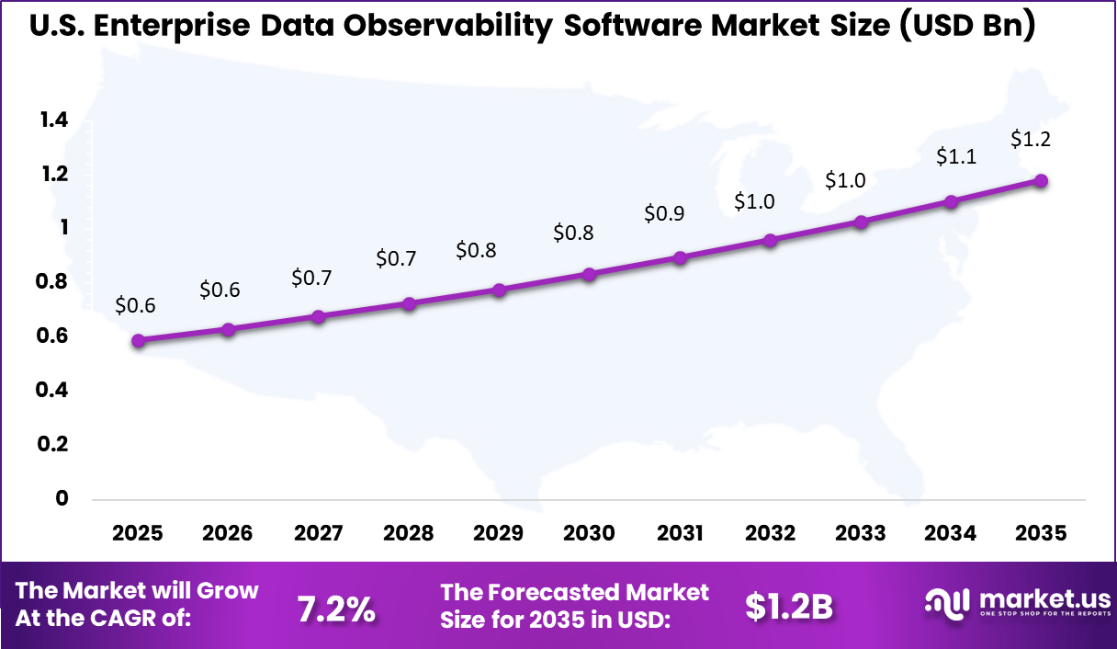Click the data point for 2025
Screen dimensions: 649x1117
point(138,341)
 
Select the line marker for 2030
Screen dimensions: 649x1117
point(590,274)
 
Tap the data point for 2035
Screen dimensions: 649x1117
point(1041,181)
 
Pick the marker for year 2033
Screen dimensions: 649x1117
point(861,222)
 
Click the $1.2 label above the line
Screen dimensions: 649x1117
point(1030,140)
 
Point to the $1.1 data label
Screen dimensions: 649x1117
point(954,157)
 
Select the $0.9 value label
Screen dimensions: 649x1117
point(664,214)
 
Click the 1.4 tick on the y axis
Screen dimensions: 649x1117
point(53,120)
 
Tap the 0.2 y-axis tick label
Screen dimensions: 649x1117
point(53,444)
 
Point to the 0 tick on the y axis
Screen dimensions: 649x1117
point(62,498)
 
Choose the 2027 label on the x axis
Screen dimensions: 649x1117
point(318,534)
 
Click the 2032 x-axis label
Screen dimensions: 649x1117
point(770,534)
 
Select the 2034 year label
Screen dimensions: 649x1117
point(951,534)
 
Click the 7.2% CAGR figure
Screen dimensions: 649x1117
point(336,608)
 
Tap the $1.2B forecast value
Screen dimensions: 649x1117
point(788,607)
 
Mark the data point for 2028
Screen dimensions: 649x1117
point(409,304)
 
